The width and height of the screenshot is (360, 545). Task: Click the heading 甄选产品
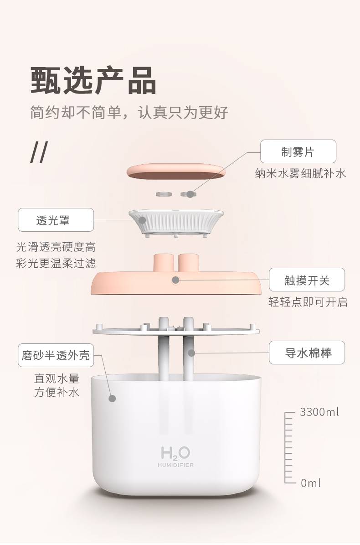tap(93, 80)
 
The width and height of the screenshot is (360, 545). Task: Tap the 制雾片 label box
tap(298, 151)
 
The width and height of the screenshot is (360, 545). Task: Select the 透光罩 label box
tap(56, 220)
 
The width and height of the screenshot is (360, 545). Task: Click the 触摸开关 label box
tap(307, 280)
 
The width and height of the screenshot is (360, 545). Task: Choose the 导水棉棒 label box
tap(307, 353)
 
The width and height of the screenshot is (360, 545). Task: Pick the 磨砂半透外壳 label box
tap(56, 355)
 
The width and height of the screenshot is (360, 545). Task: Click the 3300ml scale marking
tap(319, 412)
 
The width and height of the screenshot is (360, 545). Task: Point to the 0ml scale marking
tap(311, 483)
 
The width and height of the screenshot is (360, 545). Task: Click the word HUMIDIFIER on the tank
tap(175, 465)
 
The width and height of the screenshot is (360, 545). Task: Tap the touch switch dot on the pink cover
tap(176, 280)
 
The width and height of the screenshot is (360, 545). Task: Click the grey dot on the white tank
tap(112, 398)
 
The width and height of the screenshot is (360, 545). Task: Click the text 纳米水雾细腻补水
tap(301, 173)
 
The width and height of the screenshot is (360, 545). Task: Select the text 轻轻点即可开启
tap(308, 302)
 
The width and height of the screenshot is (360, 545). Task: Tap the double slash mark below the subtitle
tap(39, 152)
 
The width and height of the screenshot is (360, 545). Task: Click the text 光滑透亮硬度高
tap(56, 247)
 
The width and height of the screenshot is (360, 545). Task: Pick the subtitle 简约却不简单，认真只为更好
tap(129, 112)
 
